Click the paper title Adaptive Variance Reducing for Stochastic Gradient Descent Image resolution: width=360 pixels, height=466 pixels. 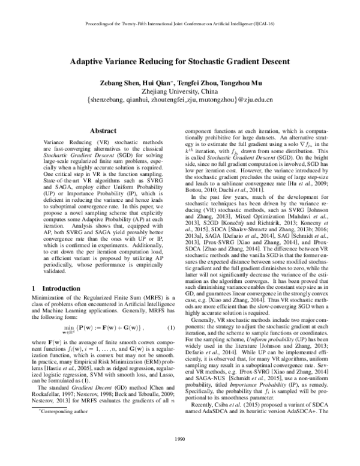pyautogui.click(x=179, y=61)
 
